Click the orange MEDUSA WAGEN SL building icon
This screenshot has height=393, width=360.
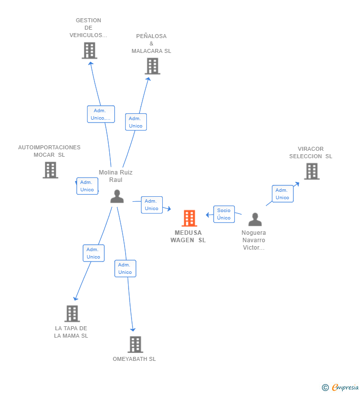pos(189,218)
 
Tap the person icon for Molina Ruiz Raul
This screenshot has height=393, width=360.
pos(117,196)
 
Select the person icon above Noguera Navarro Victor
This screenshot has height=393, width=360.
pos(255,219)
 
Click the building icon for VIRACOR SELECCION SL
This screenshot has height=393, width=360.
pos(312,172)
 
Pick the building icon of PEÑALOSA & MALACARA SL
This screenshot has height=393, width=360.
pos(152,66)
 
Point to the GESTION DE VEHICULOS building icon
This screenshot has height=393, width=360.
pos(90,50)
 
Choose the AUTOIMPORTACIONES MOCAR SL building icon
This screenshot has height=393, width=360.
pos(50,170)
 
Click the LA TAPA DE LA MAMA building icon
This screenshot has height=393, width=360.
pos(72,313)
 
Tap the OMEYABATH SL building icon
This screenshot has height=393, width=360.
pos(135,345)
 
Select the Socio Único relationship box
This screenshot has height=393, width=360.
pos(224,214)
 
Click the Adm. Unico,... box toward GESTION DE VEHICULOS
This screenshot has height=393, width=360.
pos(101,114)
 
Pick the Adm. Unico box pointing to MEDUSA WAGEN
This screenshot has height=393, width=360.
pos(152,205)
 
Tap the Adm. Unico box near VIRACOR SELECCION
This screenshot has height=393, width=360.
pos(283,194)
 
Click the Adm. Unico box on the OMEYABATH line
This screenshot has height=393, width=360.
pos(125,268)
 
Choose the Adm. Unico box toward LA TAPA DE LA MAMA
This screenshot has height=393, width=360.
pos(94,253)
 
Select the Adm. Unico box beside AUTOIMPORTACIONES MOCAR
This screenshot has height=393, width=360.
pos(87,186)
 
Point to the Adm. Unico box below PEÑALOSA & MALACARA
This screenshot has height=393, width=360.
pos(136,122)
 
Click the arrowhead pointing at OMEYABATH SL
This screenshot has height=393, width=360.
pos(133,330)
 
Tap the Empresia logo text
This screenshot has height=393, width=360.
pos(345,387)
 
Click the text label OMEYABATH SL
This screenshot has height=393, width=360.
pos(134,359)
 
